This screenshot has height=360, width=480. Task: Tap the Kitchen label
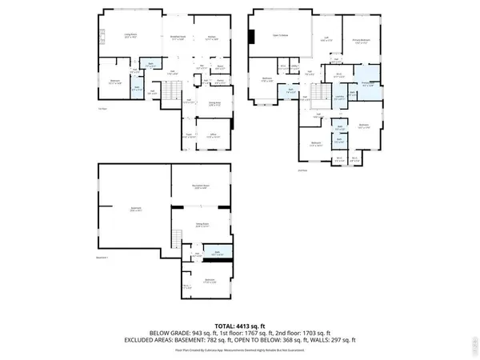213,37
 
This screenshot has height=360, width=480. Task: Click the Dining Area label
215,104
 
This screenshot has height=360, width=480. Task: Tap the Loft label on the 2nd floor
326,38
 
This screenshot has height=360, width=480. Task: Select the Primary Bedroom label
361,41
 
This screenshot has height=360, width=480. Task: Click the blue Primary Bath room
368,84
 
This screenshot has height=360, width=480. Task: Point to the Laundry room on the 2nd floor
338,98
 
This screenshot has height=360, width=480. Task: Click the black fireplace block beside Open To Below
253,38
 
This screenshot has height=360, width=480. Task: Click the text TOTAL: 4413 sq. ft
240,326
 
